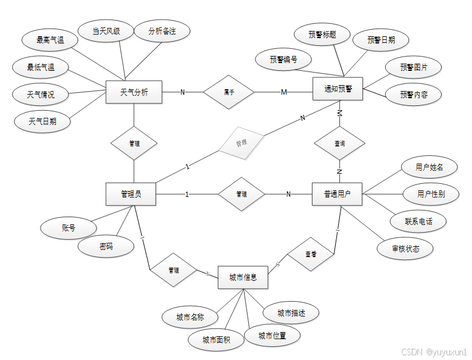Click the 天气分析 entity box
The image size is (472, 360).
tap(134, 92)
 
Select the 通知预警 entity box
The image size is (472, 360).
tap(338, 90)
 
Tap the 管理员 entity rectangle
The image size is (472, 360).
tap(130, 194)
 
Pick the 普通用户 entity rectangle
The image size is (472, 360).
tap(337, 194)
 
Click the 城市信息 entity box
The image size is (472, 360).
tap(243, 277)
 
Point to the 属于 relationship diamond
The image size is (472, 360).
tap(229, 92)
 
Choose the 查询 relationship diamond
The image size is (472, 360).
tap(339, 143)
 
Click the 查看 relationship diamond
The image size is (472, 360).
tap(311, 254)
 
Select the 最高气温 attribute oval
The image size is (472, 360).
tap(50, 40)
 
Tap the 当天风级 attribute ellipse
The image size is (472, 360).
tap(106, 31)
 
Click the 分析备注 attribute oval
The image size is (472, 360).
tap(162, 31)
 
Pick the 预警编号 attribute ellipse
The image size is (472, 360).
tap(283, 60)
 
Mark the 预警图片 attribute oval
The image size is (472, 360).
tap(414, 67)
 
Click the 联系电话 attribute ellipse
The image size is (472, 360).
tap(418, 221)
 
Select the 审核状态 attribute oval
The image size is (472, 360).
tap(405, 249)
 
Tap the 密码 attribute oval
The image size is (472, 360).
tap(106, 246)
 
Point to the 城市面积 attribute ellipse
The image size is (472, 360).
tap(215, 340)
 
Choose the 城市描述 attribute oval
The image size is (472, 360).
tap(292, 313)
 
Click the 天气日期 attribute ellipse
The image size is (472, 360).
tap(42, 121)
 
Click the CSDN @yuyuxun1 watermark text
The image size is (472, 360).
tap(434, 352)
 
